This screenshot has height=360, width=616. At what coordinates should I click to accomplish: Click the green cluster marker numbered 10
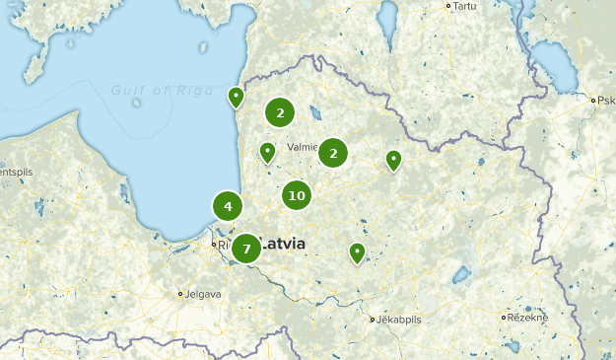pos(296,195)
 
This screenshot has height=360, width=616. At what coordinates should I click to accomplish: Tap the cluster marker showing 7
pos(246,249)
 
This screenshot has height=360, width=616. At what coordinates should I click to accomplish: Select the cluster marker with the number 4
pos(228,206)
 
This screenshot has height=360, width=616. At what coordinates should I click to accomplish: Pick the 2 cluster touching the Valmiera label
pos(333,153)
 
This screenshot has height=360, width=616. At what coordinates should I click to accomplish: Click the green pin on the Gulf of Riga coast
pos(237,97)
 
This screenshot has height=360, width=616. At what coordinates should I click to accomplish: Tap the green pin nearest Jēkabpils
pos(357,252)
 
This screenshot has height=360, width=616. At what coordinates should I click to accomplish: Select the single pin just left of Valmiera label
pos(267,151)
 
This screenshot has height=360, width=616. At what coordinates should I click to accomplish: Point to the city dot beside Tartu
pos(448,6)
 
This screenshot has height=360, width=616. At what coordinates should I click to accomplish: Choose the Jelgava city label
pos(204,294)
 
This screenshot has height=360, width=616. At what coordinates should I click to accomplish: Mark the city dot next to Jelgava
pos(180,294)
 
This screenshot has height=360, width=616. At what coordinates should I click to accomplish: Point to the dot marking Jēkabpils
pos(373,320)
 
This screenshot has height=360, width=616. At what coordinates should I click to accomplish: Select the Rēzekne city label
pos(528,318)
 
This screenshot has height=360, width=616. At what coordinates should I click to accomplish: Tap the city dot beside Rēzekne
pos(505,318)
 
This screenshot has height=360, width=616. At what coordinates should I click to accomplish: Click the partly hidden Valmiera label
pos(301,147)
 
